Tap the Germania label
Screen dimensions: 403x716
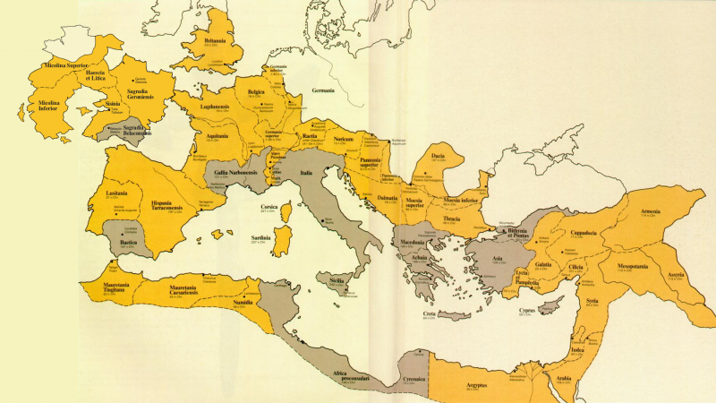pyautogui.click(x=322, y=91)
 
